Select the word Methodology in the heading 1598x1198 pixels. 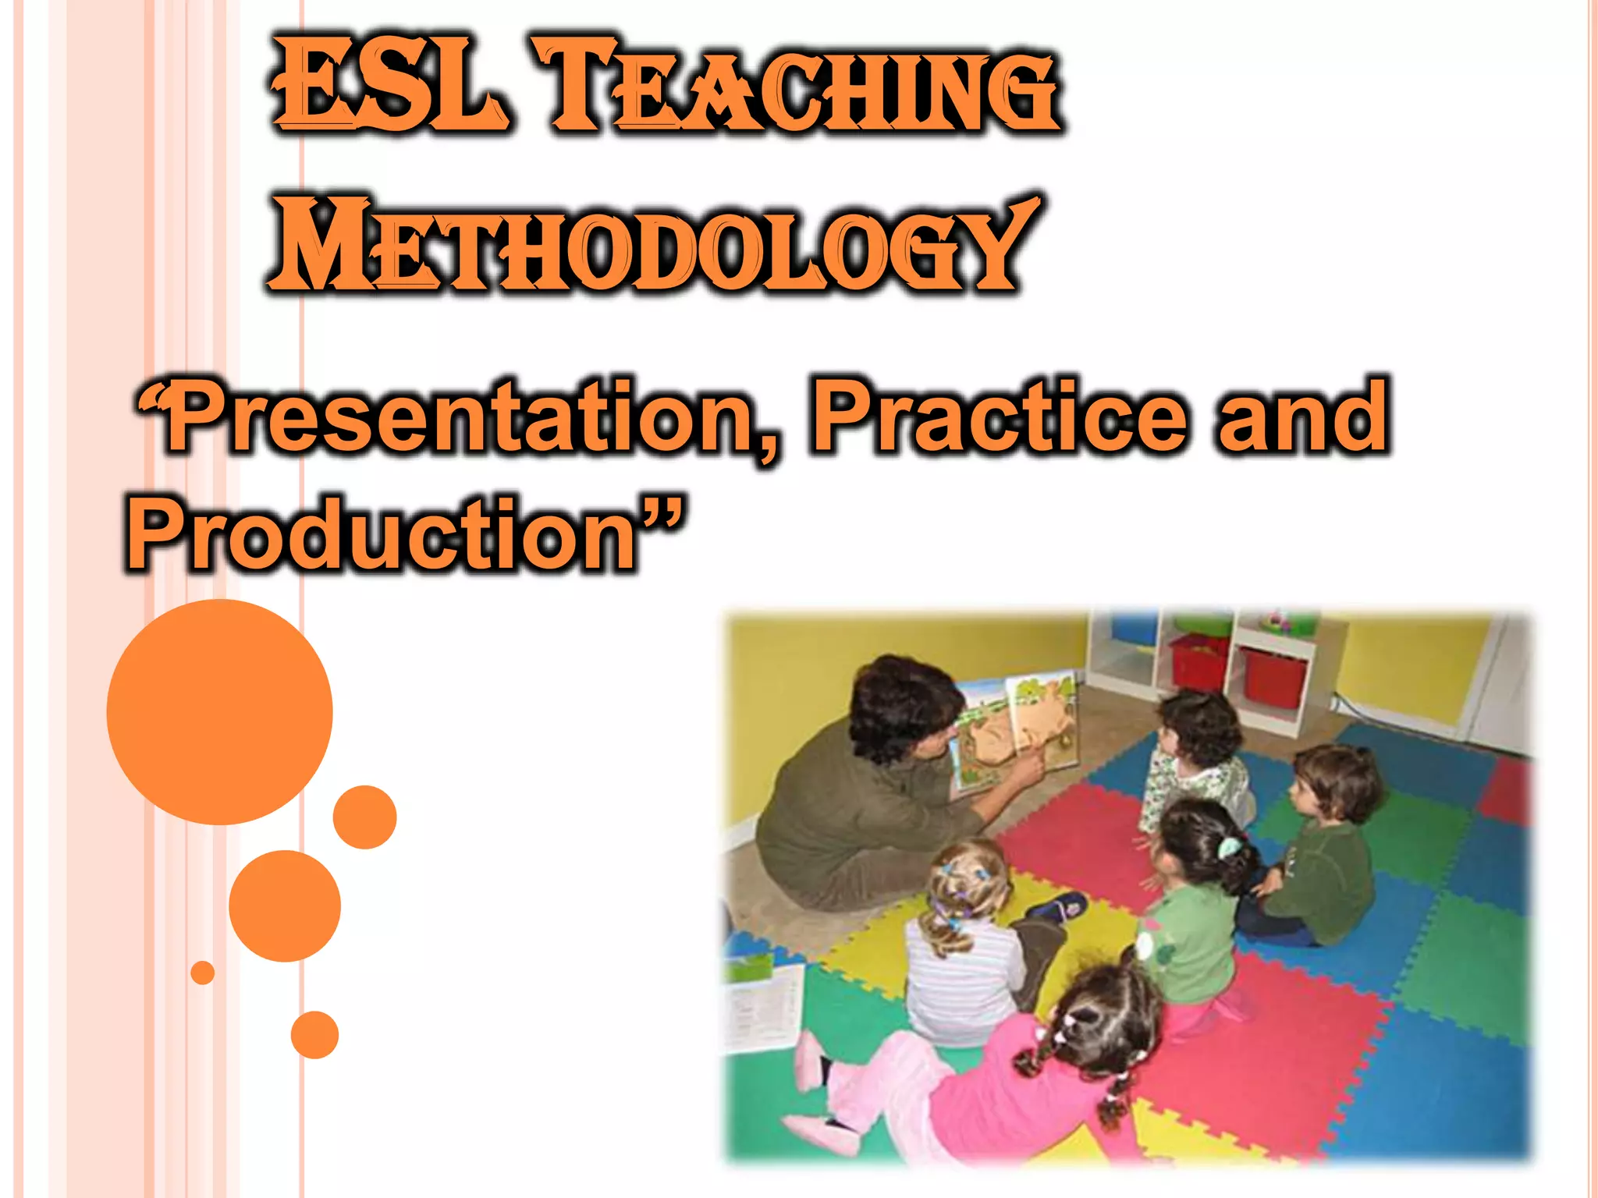tap(652, 246)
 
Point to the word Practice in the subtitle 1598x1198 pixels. tap(999, 417)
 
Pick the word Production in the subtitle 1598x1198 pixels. tap(382, 534)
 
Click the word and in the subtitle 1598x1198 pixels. tap(1303, 417)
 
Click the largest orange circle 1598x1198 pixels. tap(219, 711)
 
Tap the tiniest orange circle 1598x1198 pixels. tap(203, 973)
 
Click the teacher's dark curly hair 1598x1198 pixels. tap(897, 702)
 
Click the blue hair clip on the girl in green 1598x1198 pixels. tap(1228, 847)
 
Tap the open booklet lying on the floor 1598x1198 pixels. tap(761, 1006)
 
